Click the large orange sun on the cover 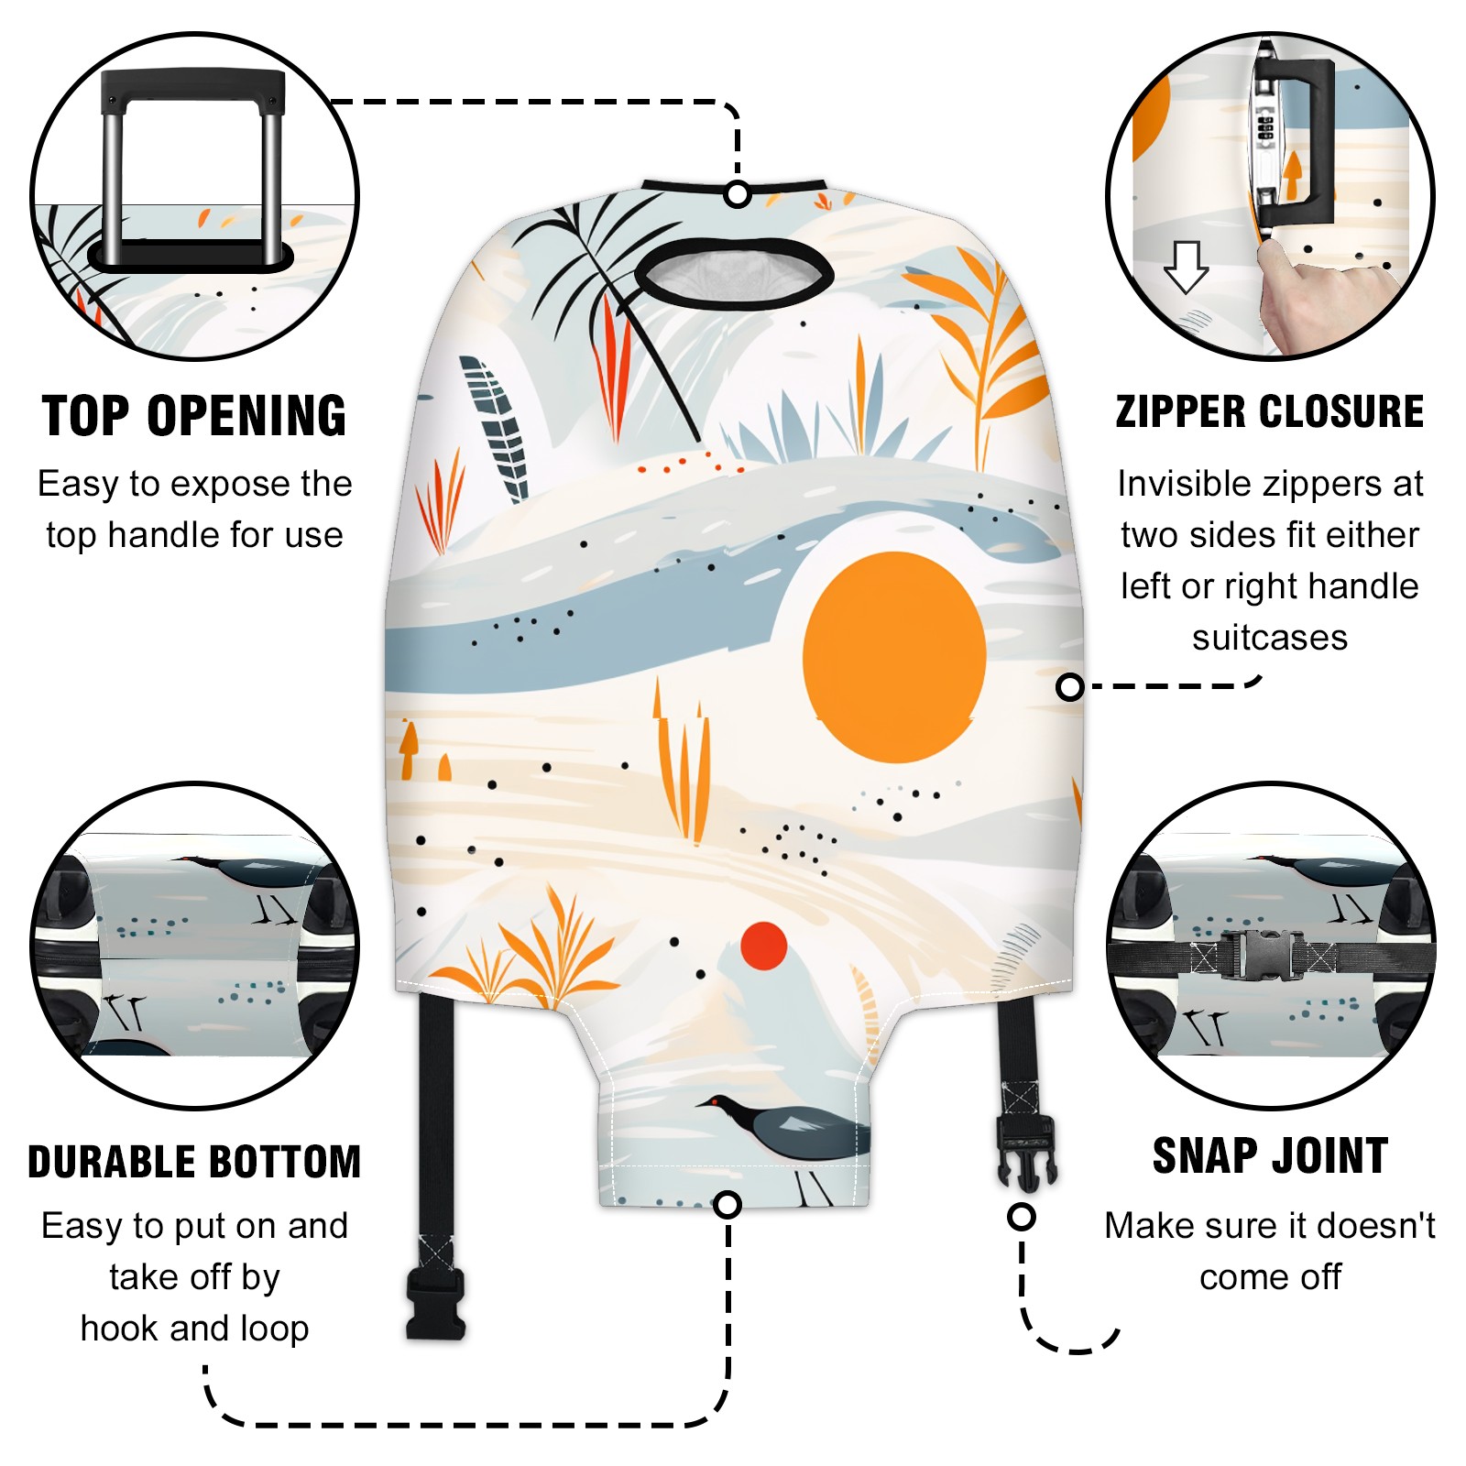point(893,657)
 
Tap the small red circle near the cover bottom point(764,946)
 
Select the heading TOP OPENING point(194,416)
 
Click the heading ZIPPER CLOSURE point(1270,411)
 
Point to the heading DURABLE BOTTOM point(194,1162)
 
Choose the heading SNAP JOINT point(1270,1155)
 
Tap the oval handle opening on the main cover point(734,271)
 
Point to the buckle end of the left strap point(436,1303)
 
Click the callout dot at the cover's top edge point(738,194)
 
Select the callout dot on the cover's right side point(1069,686)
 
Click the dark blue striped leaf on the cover point(496,428)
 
